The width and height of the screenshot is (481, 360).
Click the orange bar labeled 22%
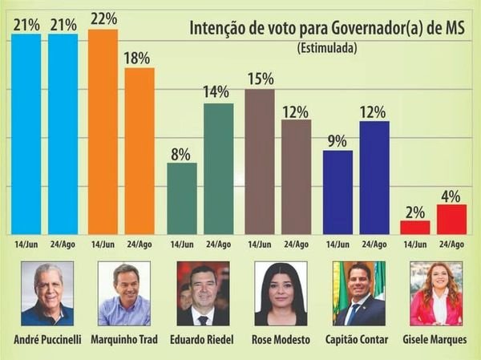coord(103,131)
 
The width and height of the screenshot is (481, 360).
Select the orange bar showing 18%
coord(139,151)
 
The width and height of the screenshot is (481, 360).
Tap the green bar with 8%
coord(181,198)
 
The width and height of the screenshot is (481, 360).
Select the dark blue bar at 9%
coord(337,192)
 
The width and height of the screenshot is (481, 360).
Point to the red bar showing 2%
coord(415,227)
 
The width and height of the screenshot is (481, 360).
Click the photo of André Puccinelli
coord(47,293)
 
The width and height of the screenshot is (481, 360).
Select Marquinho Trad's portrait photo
coord(124,293)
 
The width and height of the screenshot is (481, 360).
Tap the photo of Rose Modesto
coord(281,293)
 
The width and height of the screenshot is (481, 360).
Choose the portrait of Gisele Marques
coord(436,293)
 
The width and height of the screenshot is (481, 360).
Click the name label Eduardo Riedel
coord(202,340)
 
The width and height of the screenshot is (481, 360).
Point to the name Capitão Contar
coord(358,340)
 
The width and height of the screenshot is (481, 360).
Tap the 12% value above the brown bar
coord(295,112)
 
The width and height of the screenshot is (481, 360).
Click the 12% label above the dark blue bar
coord(374,112)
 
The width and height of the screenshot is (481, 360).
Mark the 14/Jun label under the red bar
coord(415,245)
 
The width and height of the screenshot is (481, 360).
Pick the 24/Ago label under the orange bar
coord(139,245)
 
